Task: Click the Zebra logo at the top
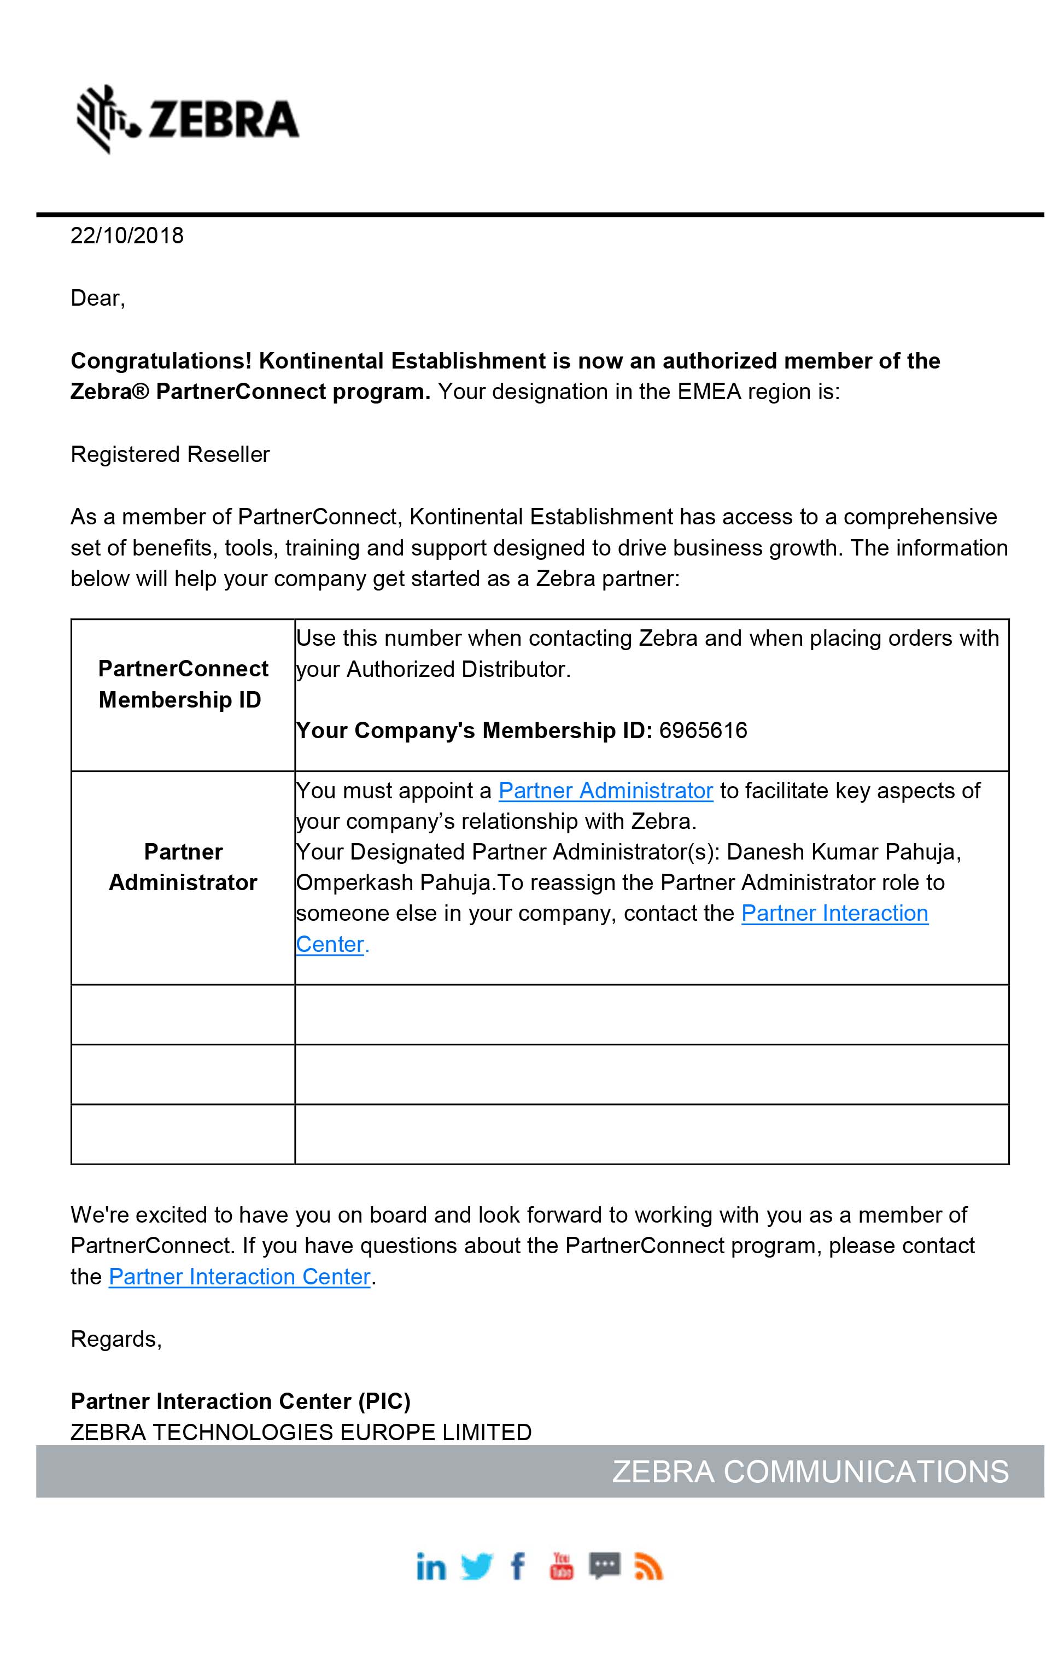188,119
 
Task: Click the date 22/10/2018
127,236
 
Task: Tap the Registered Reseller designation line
170,454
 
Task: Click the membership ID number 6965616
703,730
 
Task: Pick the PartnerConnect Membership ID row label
183,684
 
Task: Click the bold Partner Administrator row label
183,867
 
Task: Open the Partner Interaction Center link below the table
239,1277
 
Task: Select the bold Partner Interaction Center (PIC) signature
241,1401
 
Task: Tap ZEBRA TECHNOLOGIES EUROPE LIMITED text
301,1432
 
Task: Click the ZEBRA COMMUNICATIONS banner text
810,1472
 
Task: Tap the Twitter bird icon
476,1567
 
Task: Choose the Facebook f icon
517,1567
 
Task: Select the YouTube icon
561,1566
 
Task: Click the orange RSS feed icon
648,1567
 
